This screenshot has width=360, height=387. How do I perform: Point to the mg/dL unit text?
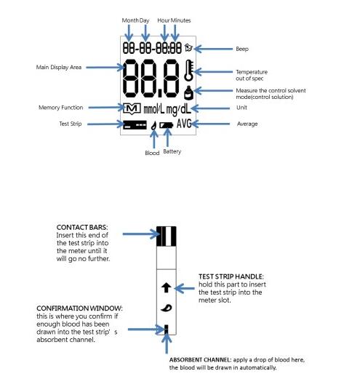(180, 108)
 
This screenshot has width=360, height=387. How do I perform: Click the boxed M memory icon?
(131, 108)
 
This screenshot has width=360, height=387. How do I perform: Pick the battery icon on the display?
(167, 124)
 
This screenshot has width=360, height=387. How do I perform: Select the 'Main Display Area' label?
(60, 67)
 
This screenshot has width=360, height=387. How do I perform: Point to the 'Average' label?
(247, 124)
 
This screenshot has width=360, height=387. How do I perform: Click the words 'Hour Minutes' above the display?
(175, 19)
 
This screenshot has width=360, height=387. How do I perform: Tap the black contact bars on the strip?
(167, 234)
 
